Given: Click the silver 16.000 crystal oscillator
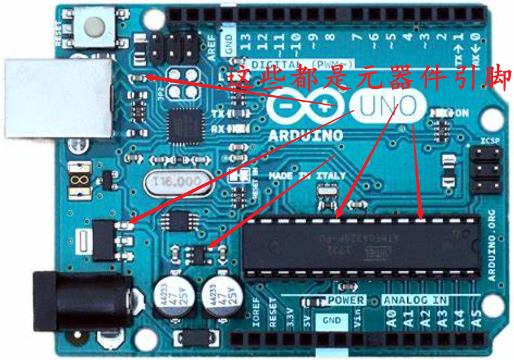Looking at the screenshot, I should click(x=176, y=181).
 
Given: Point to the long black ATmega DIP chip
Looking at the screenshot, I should click(x=361, y=246).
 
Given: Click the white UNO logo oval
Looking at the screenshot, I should click(x=383, y=106).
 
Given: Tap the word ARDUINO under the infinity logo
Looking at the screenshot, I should click(x=306, y=135).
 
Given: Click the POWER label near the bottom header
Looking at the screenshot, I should click(x=346, y=300).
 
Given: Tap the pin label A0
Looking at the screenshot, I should click(x=391, y=320).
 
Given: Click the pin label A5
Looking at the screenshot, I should click(x=476, y=320).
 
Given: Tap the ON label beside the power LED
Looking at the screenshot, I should click(x=462, y=113).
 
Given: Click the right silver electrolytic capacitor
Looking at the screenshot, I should click(x=220, y=294).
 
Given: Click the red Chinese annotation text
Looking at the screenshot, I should click(x=370, y=79).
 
